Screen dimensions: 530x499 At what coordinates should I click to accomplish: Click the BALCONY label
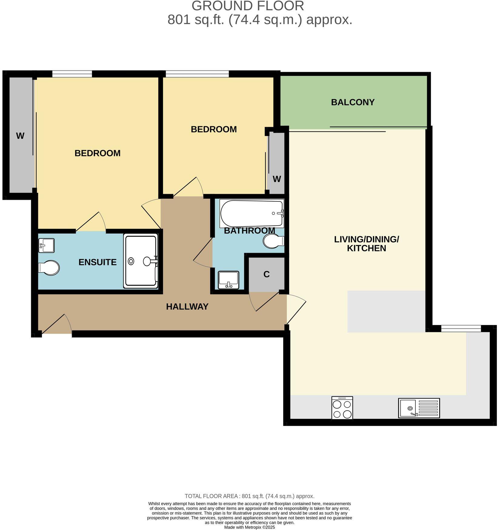pyautogui.click(x=353, y=102)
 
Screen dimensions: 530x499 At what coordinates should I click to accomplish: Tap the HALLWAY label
pyautogui.click(x=187, y=307)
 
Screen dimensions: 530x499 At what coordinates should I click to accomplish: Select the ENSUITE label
pyautogui.click(x=97, y=262)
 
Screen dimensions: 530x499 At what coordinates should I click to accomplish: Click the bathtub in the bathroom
pyautogui.click(x=252, y=213)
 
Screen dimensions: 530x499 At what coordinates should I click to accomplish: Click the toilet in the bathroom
pyautogui.click(x=273, y=241)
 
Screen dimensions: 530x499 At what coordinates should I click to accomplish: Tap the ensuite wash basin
pyautogui.click(x=47, y=245)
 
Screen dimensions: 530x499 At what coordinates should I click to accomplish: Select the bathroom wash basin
pyautogui.click(x=228, y=280)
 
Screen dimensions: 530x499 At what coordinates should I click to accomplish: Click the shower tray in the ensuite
pyautogui.click(x=141, y=261)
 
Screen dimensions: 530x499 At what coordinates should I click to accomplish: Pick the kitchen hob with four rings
pyautogui.click(x=342, y=408)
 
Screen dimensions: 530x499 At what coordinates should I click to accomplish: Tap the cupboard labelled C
pyautogui.click(x=266, y=274)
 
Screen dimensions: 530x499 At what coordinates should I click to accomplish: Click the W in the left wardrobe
pyautogui.click(x=20, y=136)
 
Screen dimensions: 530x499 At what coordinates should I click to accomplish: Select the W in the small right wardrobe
pyautogui.click(x=277, y=179)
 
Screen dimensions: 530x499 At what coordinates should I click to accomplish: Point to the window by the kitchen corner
pyautogui.click(x=461, y=328)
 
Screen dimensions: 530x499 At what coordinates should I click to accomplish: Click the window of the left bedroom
pyautogui.click(x=72, y=74)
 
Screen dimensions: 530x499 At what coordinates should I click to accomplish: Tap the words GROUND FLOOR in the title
pyautogui.click(x=248, y=6)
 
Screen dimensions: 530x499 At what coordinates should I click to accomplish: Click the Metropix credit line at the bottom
pyautogui.click(x=249, y=527)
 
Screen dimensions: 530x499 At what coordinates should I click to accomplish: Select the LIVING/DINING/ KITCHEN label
pyautogui.click(x=366, y=244)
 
